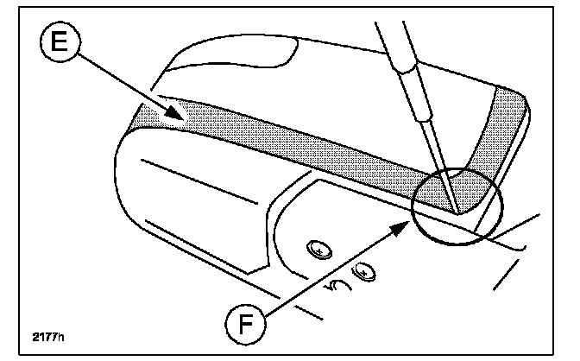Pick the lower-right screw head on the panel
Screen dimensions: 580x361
click(368, 273)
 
